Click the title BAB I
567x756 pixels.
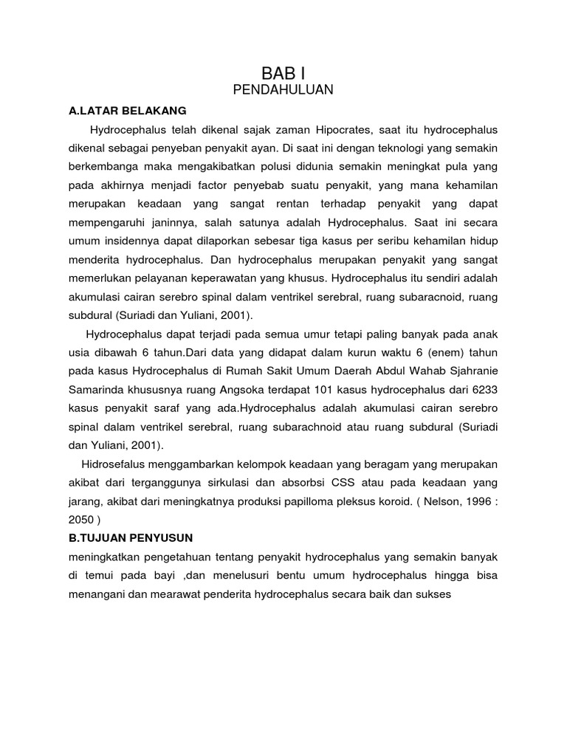pos(283,73)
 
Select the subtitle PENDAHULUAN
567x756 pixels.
pos(283,90)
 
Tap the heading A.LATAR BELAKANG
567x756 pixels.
pos(127,111)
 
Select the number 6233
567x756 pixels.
pos(485,388)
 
